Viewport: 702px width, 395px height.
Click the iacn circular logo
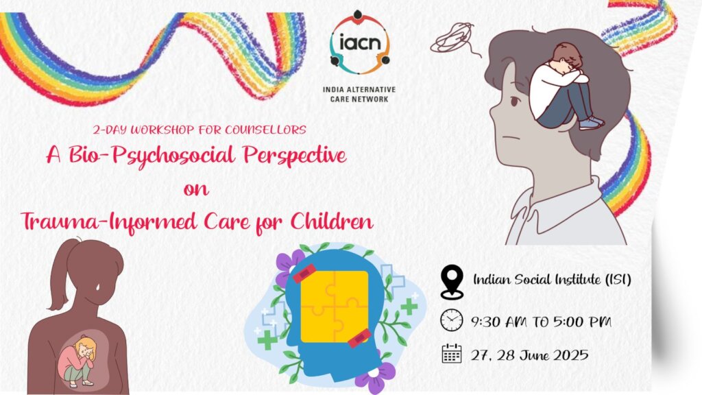point(359,43)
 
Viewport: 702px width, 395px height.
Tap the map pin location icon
point(452,282)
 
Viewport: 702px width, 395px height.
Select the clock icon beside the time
point(451,320)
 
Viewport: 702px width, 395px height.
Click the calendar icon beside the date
point(451,353)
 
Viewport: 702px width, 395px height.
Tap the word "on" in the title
point(196,189)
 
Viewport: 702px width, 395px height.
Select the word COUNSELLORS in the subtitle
point(265,130)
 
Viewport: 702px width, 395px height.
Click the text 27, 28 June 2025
point(529,355)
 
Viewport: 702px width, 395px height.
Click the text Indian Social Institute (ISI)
point(552,280)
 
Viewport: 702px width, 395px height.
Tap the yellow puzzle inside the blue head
point(335,307)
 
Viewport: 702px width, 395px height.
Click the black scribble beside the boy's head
point(453,38)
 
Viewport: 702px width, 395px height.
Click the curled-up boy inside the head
point(566,86)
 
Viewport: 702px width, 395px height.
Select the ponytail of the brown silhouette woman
point(59,274)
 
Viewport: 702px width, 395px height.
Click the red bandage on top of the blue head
point(304,273)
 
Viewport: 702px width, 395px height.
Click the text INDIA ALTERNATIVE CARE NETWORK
point(359,94)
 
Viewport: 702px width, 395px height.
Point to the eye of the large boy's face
point(515,101)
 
